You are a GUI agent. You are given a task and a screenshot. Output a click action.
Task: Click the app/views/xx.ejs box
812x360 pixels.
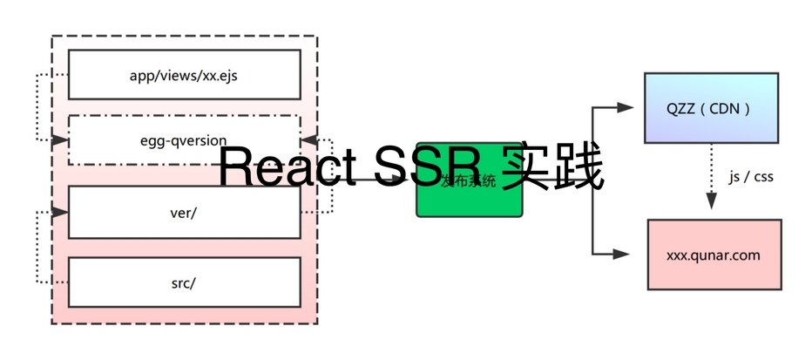[184, 74]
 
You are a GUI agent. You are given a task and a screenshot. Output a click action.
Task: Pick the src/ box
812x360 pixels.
[184, 281]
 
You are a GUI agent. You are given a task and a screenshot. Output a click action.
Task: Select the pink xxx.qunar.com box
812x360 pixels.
[714, 255]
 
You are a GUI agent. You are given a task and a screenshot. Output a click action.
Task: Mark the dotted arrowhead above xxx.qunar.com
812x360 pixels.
[712, 201]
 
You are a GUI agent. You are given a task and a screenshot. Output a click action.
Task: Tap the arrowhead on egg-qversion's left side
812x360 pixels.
[61, 140]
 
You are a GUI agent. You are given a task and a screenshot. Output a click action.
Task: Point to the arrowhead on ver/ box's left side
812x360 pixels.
[61, 212]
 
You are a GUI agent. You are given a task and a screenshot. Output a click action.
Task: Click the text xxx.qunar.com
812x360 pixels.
[714, 255]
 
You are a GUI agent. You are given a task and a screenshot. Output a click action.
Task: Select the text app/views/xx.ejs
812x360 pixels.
[183, 75]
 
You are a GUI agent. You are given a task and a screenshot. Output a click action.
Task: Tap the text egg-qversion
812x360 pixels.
[183, 140]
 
